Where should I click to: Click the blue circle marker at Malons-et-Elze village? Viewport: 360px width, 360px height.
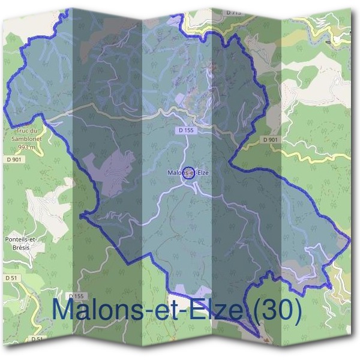[x=188, y=173]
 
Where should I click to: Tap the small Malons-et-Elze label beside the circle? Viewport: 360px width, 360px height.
[x=188, y=173]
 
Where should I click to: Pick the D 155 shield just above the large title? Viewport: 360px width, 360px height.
[x=76, y=296]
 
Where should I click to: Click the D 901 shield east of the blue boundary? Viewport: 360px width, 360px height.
[x=270, y=139]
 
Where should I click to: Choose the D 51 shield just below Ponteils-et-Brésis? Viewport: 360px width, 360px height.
[x=11, y=278]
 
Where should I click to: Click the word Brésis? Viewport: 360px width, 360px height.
[x=20, y=247]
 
